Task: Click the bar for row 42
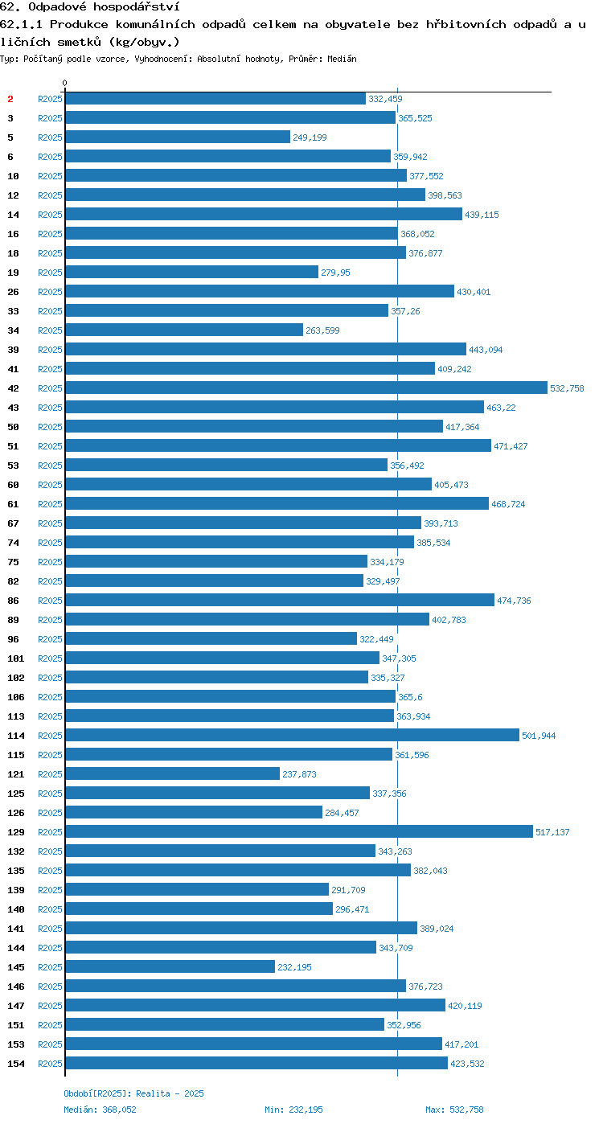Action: pyautogui.click(x=306, y=388)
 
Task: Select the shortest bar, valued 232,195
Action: pyautogui.click(x=170, y=966)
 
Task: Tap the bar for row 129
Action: pyautogui.click(x=299, y=831)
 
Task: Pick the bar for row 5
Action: pyautogui.click(x=178, y=137)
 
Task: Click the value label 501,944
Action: pyautogui.click(x=539, y=736)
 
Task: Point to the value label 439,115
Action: pyautogui.click(x=482, y=215)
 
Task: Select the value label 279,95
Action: pyautogui.click(x=335, y=273)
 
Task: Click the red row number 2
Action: pyautogui.click(x=10, y=99)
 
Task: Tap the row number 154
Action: pyautogui.click(x=16, y=1063)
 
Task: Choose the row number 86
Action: pyautogui.click(x=13, y=600)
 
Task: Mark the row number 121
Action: pyautogui.click(x=16, y=773)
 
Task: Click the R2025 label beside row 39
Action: pyautogui.click(x=50, y=350)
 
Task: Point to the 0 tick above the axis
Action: pyautogui.click(x=64, y=83)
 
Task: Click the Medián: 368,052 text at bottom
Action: pyautogui.click(x=100, y=1110)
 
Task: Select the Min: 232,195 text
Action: pyautogui.click(x=293, y=1110)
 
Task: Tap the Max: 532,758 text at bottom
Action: pyautogui.click(x=454, y=1110)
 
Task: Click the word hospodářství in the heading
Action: pyautogui.click(x=136, y=7)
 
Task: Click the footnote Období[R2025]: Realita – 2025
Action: pyautogui.click(x=134, y=1093)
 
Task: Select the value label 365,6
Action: pyautogui.click(x=410, y=697)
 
